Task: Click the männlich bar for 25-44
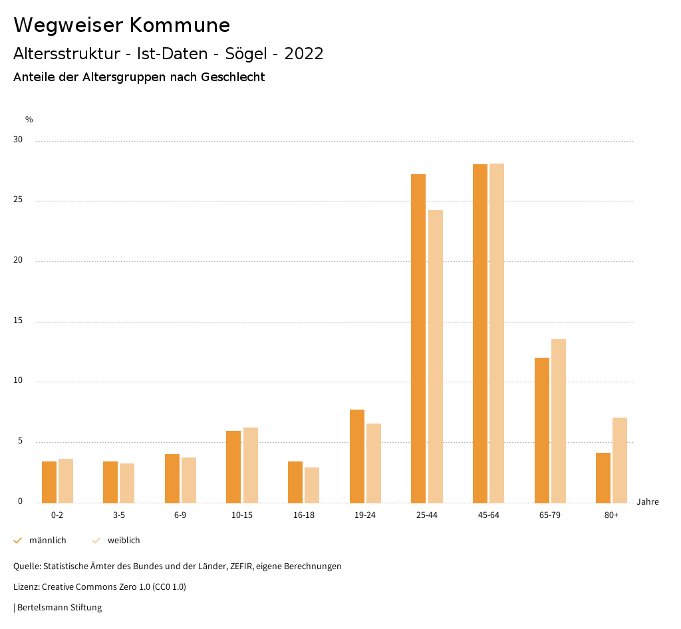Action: (x=418, y=338)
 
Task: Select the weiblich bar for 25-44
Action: (x=436, y=356)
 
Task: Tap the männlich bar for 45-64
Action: (x=480, y=333)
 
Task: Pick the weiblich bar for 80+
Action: (x=620, y=460)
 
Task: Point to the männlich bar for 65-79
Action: (x=542, y=430)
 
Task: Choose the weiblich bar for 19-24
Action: (x=374, y=463)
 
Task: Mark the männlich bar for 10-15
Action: (x=233, y=467)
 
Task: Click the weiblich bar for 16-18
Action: (x=312, y=485)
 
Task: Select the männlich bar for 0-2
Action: (x=49, y=482)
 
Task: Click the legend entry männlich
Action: (x=47, y=541)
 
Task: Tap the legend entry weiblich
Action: (x=124, y=541)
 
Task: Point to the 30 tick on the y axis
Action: (x=18, y=140)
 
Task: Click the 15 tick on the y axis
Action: (x=18, y=321)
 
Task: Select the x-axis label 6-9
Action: (x=180, y=515)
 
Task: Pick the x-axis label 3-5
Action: (x=119, y=515)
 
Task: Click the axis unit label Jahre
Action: (x=648, y=502)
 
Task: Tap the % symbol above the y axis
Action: (x=29, y=120)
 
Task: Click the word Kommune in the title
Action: (x=180, y=25)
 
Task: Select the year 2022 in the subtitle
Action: (x=304, y=54)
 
